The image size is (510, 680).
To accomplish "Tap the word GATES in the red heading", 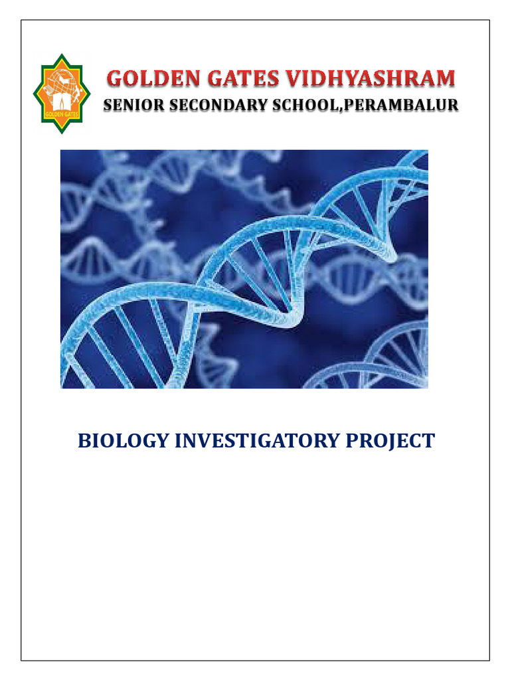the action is (243, 79).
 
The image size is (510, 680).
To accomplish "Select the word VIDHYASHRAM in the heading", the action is (371, 79).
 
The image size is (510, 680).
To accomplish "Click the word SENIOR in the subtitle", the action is (134, 106).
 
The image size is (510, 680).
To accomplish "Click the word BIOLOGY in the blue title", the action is (123, 441).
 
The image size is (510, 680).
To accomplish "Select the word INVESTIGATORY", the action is (257, 441).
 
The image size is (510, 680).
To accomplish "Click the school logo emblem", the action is (62, 94).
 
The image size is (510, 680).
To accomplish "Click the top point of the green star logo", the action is (62, 54).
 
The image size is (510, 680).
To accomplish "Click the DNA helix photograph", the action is (244, 270).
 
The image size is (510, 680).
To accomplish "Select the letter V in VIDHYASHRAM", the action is (294, 79).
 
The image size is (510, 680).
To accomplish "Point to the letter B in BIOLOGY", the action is (85, 441).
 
